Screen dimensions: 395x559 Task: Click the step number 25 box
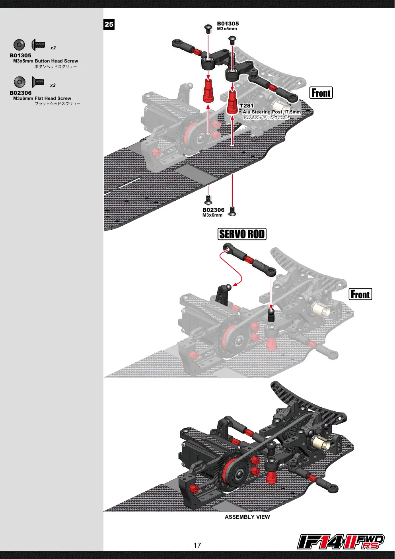109,24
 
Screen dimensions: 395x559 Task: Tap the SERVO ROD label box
242,234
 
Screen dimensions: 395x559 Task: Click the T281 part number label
246,106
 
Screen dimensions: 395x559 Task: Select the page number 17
197,545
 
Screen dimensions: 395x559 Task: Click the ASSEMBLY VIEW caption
247,517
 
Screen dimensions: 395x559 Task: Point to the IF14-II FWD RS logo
341,541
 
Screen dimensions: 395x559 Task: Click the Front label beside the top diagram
321,93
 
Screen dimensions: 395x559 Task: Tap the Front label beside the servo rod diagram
360,294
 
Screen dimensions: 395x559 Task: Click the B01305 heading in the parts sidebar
20,55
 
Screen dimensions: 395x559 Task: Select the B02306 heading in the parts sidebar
20,93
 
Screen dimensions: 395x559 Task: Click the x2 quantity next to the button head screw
53,48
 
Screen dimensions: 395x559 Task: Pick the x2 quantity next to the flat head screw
53,85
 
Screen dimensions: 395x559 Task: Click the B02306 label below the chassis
213,210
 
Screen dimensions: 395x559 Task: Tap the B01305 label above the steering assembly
228,24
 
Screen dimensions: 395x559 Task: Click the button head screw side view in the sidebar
38,45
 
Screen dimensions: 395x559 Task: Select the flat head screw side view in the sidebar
38,82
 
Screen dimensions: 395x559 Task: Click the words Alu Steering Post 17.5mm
272,112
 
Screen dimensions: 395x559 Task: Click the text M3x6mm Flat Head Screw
42,98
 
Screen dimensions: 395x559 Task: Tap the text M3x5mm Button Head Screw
46,61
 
